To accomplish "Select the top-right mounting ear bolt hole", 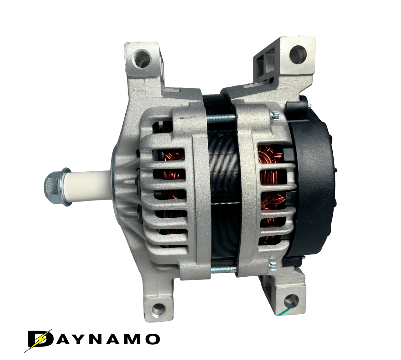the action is point(298,55).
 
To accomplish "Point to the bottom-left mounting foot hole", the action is point(159,309).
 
